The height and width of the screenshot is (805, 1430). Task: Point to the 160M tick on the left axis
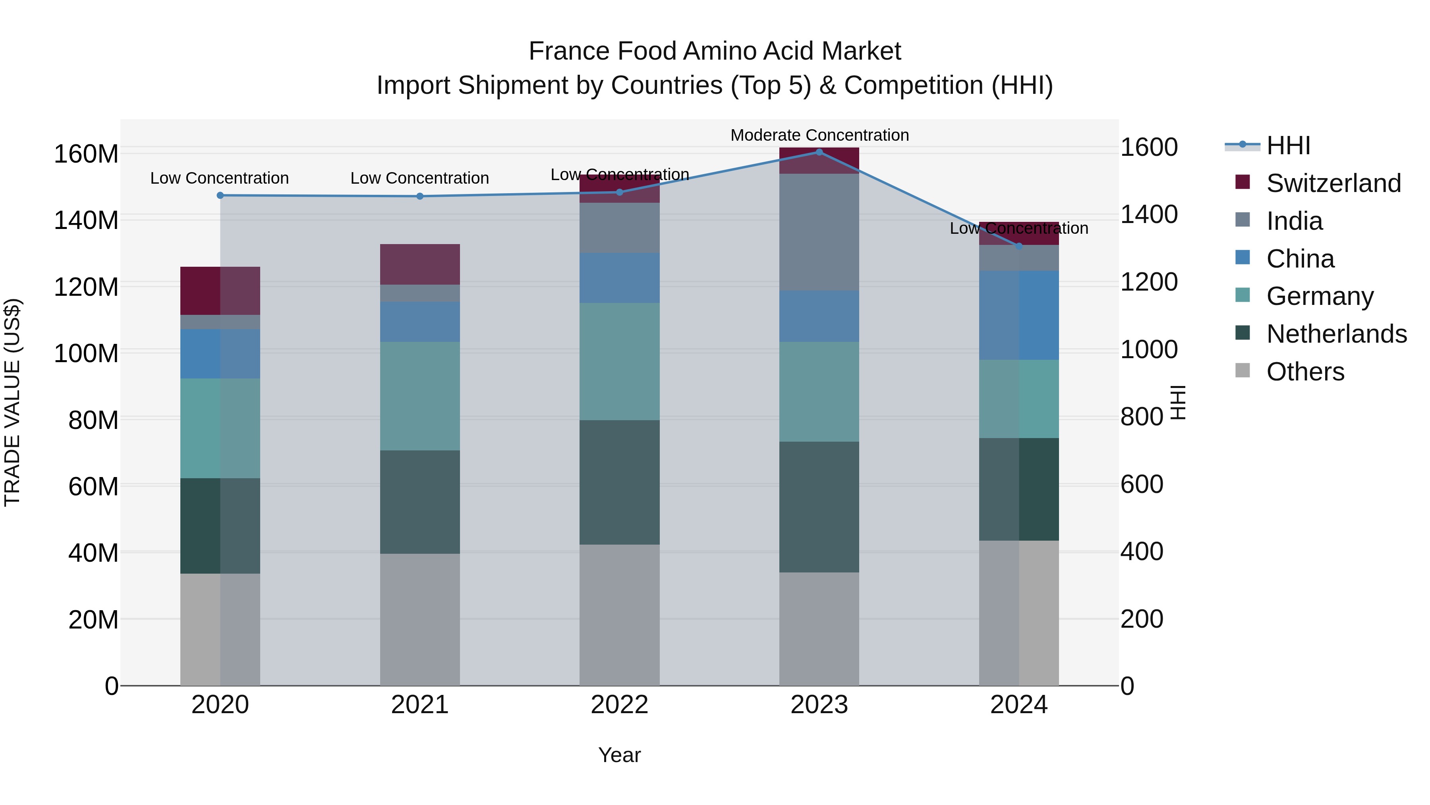click(x=86, y=154)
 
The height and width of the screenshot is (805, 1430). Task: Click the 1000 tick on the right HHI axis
click(x=1148, y=349)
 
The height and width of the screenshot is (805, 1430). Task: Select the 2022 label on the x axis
click(x=620, y=705)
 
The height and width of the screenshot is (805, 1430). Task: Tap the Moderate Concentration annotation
click(x=819, y=135)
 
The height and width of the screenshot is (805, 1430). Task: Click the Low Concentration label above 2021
click(x=420, y=178)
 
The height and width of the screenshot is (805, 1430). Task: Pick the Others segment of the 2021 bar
click(x=420, y=619)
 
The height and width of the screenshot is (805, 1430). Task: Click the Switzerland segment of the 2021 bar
click(x=420, y=264)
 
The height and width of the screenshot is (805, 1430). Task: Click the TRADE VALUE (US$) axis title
click(x=12, y=402)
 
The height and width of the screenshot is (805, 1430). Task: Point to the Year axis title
click(x=620, y=755)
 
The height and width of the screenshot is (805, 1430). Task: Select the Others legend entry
click(x=1304, y=372)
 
